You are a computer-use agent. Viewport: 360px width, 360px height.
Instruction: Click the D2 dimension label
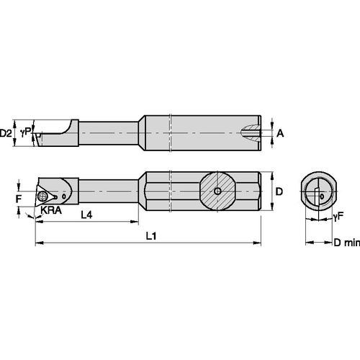pos(6,133)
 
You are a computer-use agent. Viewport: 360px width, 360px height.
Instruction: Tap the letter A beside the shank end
pos(280,133)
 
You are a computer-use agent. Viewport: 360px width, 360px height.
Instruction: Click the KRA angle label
pos(50,210)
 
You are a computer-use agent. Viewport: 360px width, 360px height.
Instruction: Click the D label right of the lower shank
pos(281,193)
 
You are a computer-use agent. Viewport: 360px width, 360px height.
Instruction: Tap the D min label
pos(346,243)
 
